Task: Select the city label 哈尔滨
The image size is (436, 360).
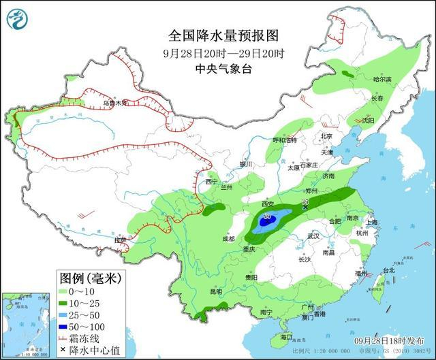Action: click(x=383, y=79)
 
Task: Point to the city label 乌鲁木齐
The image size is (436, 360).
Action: click(x=114, y=103)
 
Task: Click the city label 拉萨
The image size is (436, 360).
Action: click(x=121, y=240)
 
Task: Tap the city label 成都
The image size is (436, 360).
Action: click(x=228, y=239)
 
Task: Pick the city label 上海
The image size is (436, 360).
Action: click(x=371, y=222)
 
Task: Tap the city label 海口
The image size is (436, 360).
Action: click(x=286, y=336)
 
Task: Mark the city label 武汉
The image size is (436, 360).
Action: click(x=313, y=235)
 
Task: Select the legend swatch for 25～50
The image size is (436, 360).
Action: click(x=67, y=315)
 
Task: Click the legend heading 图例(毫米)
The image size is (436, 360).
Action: click(x=89, y=278)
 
